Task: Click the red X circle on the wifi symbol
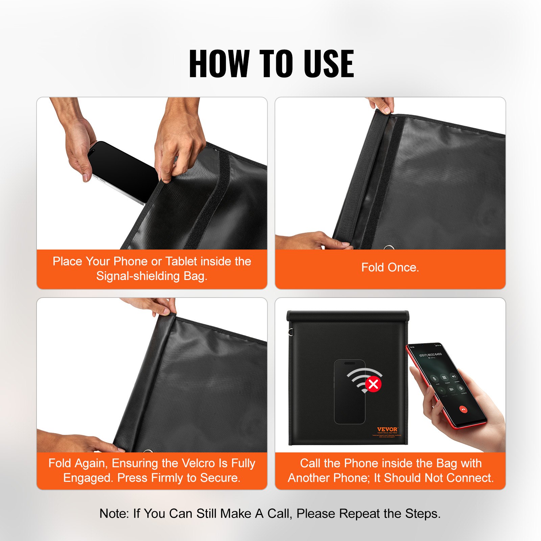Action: click(373, 384)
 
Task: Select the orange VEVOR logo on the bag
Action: click(387, 429)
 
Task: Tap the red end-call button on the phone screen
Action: click(463, 409)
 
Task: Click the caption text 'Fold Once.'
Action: click(390, 267)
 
